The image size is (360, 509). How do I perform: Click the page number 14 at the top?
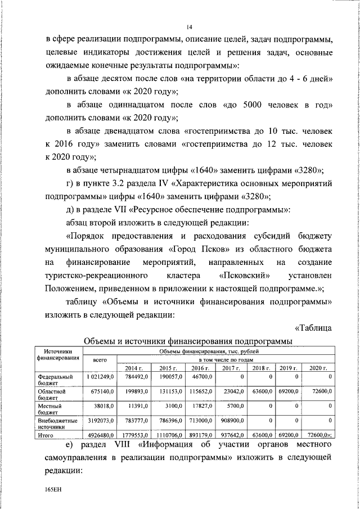190,26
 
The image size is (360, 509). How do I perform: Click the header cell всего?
100,359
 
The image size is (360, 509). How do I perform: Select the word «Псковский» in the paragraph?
246,276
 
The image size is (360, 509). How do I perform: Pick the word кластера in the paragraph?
180,276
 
